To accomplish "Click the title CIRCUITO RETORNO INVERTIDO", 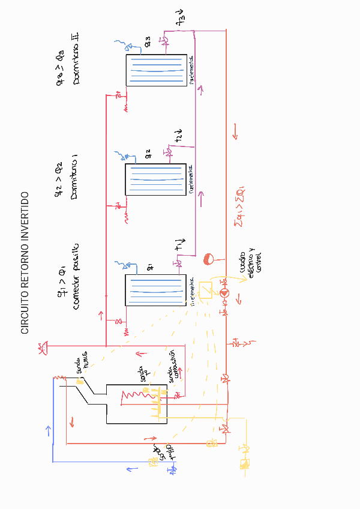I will pos(25,263).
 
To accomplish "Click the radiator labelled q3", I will pos(155,71).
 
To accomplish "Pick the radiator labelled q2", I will pos(155,179).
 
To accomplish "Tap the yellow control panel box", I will pos(205,290).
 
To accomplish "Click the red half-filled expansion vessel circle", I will pos(209,259).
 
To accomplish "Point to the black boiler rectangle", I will pos(137,404).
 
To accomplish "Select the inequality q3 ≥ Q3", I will pos(61,66).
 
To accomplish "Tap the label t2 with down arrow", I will pos(179,136).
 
